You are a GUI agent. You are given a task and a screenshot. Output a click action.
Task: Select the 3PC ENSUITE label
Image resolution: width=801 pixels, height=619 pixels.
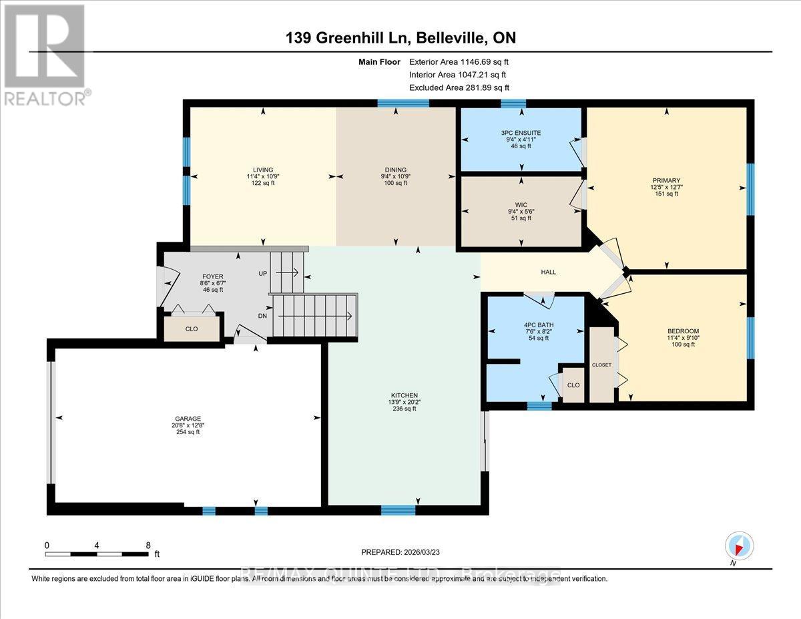(x=521, y=133)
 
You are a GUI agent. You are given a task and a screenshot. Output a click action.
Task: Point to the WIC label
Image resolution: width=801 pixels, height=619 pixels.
(x=521, y=204)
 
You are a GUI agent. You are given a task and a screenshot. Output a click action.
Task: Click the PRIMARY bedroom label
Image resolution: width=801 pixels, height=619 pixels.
(x=666, y=180)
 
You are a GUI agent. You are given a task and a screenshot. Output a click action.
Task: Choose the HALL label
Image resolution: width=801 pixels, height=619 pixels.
(x=548, y=272)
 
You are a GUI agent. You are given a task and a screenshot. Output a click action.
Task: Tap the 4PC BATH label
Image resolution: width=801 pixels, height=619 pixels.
(x=537, y=325)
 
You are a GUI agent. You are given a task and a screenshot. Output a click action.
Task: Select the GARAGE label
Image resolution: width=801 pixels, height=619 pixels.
(x=188, y=419)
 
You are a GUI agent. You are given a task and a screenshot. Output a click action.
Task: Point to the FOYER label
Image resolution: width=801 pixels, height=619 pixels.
(x=212, y=276)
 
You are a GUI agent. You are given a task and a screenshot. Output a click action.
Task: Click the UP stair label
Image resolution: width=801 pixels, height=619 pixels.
(x=263, y=273)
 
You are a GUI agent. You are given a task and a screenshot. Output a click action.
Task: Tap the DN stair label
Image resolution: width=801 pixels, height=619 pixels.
(x=263, y=315)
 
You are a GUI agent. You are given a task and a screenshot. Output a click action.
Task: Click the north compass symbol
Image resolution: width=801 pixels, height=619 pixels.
(x=738, y=546)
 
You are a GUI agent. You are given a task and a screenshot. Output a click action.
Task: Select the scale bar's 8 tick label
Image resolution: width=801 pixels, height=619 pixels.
(x=148, y=545)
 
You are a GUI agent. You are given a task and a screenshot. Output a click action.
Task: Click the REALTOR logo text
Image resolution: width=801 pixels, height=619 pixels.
(x=45, y=97)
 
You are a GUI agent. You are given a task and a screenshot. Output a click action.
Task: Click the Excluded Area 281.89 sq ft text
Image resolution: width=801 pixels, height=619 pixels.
(x=459, y=87)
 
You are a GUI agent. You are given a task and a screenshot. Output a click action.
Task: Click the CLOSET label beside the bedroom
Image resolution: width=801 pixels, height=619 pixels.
(x=601, y=365)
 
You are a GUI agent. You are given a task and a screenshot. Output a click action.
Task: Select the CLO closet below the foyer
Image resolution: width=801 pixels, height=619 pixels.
(x=191, y=329)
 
